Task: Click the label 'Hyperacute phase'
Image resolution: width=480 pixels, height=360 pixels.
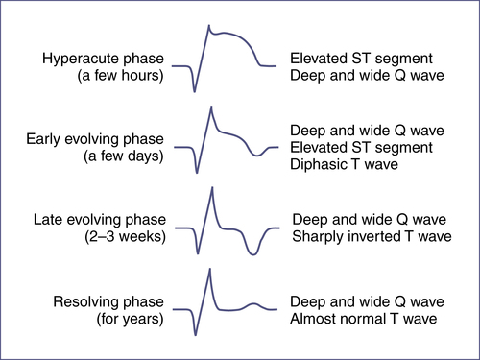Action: (103, 59)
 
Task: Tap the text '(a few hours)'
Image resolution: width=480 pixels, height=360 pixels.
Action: (120, 76)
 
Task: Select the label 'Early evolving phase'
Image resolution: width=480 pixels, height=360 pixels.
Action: (95, 139)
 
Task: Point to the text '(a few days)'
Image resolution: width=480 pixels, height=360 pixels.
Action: (124, 156)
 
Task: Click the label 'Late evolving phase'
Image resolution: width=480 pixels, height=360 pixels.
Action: (100, 220)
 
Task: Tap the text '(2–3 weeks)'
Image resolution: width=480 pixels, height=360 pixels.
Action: (125, 237)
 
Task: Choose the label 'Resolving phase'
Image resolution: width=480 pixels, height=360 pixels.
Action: (108, 302)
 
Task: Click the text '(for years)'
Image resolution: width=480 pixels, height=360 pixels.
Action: (131, 319)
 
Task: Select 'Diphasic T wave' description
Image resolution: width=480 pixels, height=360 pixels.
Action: (344, 164)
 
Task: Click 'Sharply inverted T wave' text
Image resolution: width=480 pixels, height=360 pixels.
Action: (372, 236)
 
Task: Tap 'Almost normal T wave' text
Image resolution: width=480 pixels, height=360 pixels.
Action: (364, 319)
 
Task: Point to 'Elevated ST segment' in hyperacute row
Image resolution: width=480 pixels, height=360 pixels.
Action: (361, 59)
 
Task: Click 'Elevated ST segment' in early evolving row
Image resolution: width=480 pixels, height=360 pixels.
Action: (361, 148)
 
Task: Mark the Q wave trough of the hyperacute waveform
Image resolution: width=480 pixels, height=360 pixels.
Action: (194, 91)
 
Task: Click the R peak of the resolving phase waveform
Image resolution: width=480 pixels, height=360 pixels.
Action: (210, 270)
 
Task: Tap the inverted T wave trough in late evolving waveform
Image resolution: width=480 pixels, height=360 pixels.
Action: (253, 254)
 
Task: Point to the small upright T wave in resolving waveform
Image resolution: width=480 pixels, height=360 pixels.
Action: (253, 303)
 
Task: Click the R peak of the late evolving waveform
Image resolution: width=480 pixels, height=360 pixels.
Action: (212, 188)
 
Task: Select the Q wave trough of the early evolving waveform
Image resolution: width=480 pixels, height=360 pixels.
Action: (197, 173)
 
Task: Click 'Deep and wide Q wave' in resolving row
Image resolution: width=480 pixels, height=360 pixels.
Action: (367, 301)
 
